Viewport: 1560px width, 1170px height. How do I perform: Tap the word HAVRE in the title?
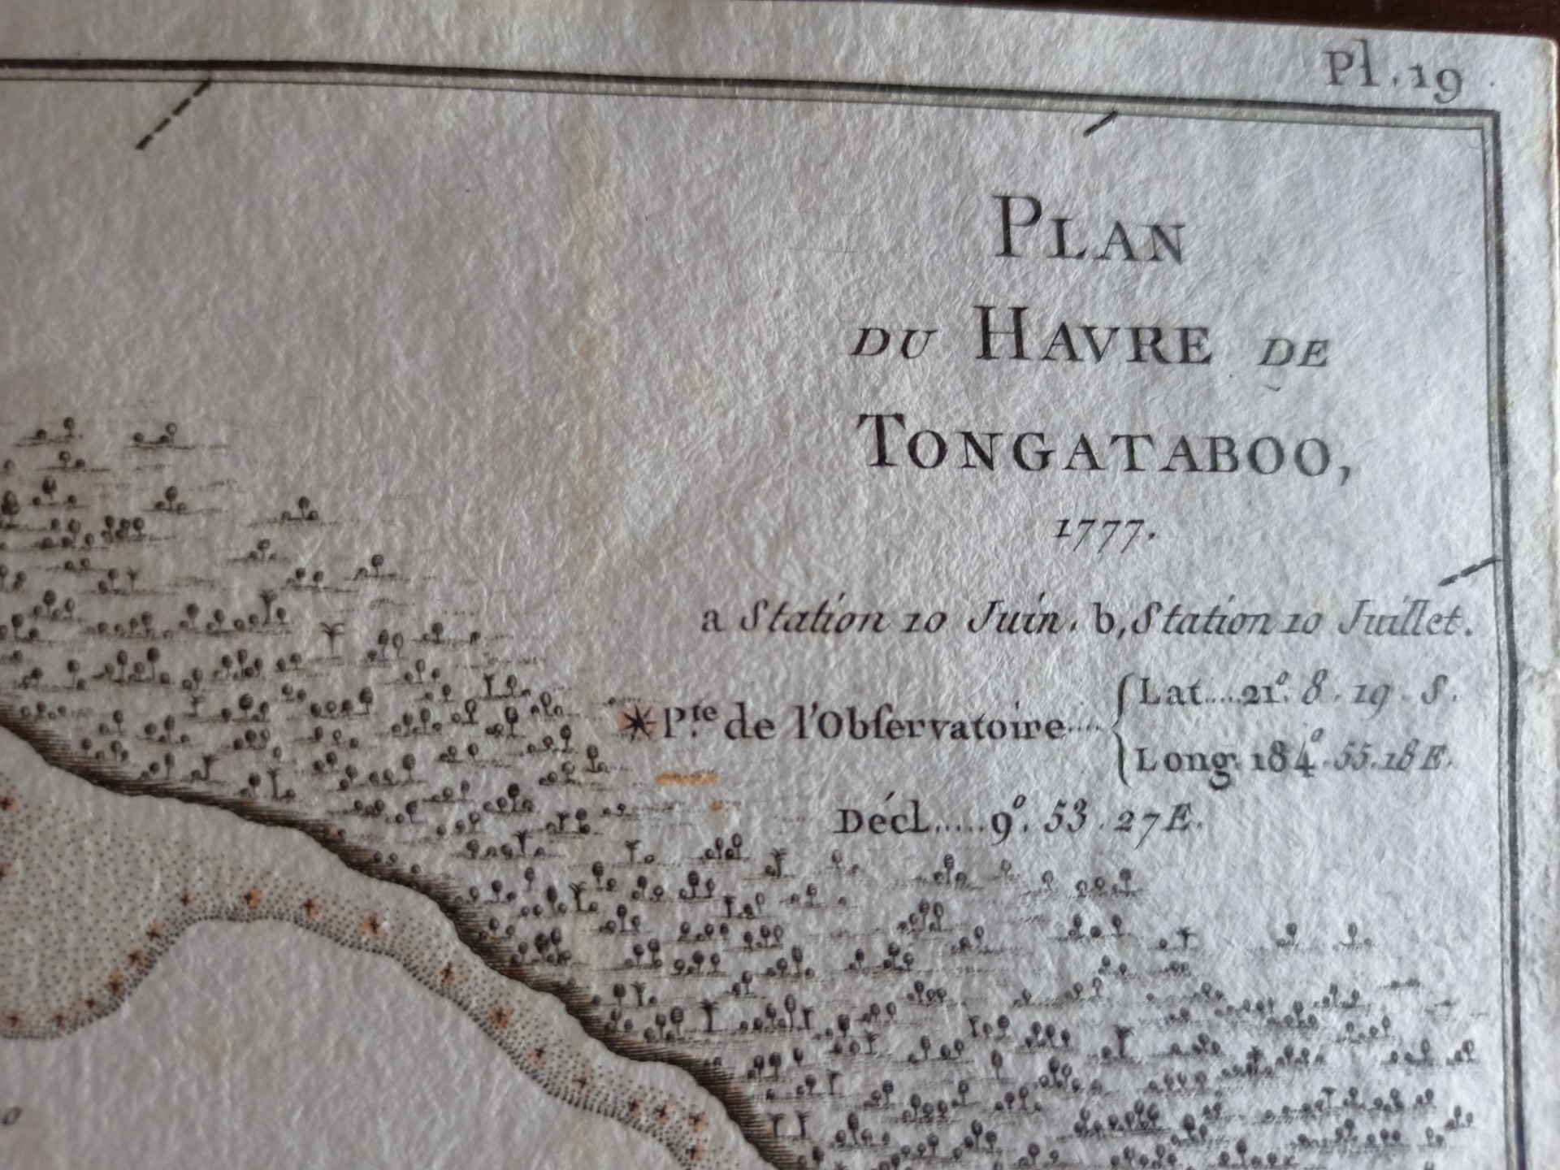(x=1093, y=341)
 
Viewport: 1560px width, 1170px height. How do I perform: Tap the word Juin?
(x=1016, y=622)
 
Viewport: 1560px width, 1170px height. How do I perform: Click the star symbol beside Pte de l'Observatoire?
(x=636, y=721)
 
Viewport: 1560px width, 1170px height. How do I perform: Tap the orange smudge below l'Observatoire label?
(x=687, y=779)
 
